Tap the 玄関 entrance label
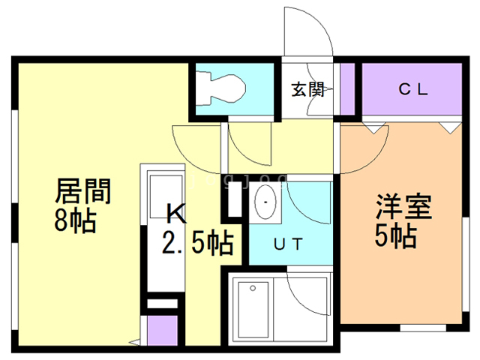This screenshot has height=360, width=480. point(307,90)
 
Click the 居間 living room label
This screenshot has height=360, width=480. point(82,193)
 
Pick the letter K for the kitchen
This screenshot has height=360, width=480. point(175,215)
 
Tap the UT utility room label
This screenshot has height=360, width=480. point(288,243)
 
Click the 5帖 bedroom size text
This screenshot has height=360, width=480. point(395,237)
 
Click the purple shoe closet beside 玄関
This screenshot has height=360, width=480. point(347,91)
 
